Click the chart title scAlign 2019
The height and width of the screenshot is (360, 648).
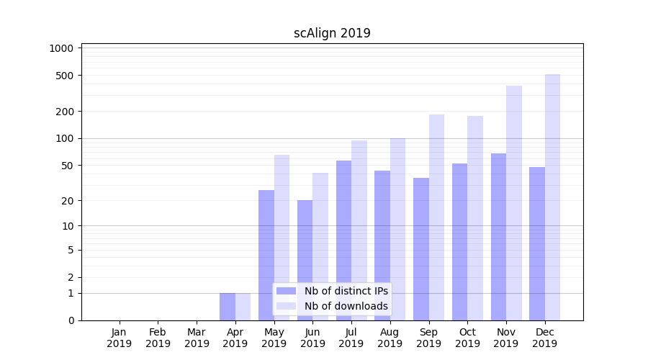[x=332, y=33]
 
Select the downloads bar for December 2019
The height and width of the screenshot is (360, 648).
[x=552, y=197]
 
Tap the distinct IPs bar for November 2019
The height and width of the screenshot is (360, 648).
[x=498, y=237]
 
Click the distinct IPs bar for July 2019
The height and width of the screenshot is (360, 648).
[x=343, y=240]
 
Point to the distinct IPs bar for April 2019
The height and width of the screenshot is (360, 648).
[x=228, y=307]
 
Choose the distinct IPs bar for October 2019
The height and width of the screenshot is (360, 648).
[x=459, y=242]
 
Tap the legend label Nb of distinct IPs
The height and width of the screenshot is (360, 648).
[x=346, y=291]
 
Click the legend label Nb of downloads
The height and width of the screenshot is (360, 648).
[x=346, y=306]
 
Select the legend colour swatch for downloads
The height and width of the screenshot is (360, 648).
[x=287, y=306]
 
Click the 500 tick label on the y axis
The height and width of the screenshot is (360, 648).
[x=67, y=76]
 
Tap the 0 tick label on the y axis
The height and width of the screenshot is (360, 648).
[x=71, y=320]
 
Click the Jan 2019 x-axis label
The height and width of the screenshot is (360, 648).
[x=120, y=338]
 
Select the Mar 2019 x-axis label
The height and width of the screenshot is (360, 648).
[x=197, y=338]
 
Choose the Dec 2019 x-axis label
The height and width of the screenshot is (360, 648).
[x=545, y=338]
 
